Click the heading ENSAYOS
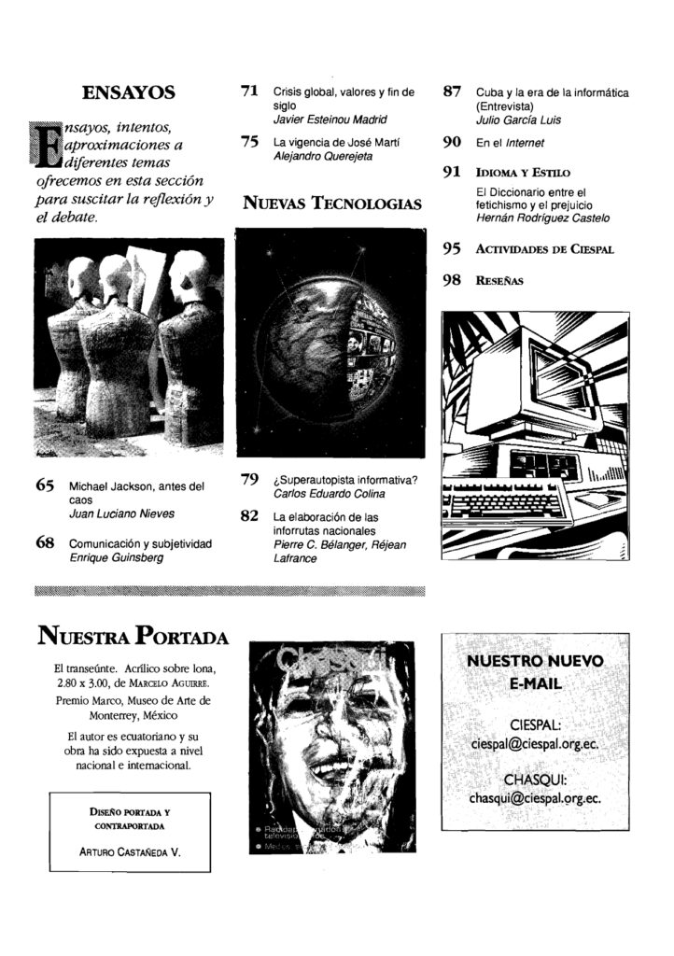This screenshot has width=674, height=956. [129, 92]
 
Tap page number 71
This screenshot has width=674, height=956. [249, 91]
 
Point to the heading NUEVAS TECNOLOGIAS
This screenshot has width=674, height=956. [332, 204]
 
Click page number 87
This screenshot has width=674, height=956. [453, 91]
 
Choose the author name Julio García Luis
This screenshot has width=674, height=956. [518, 120]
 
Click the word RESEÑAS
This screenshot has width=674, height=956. [499, 280]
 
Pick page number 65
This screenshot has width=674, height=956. [46, 485]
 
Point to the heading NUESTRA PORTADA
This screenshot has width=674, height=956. [132, 639]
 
